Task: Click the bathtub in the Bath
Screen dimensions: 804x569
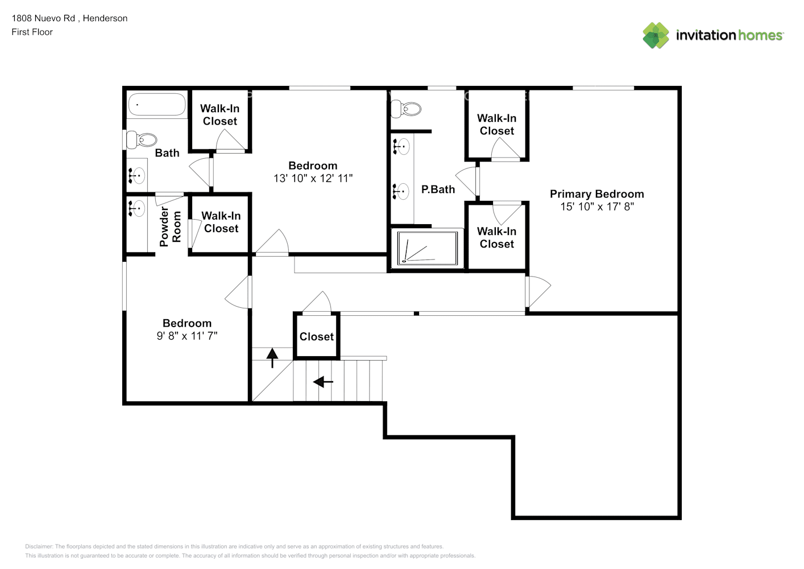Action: tap(157, 105)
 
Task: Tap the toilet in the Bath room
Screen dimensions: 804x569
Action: tap(142, 140)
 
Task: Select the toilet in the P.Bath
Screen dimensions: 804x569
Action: tap(406, 109)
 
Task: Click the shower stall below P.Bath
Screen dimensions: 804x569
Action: tap(427, 248)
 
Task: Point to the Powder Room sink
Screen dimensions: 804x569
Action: tap(137, 208)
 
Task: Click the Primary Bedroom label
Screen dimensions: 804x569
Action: tap(597, 194)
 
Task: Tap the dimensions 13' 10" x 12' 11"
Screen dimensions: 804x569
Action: tap(313, 178)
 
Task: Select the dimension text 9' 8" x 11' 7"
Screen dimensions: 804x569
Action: tap(187, 336)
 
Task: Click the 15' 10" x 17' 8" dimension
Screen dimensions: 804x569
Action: tap(597, 207)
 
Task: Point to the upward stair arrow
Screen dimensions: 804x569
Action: tap(272, 358)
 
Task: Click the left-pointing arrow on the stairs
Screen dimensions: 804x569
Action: tap(323, 381)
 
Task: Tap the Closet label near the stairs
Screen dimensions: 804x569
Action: tap(317, 337)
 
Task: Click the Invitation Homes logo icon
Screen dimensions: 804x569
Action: tap(656, 35)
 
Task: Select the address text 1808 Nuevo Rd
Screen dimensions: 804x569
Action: tap(43, 18)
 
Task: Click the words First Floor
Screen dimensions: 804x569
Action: tap(32, 32)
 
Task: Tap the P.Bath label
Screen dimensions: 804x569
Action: tap(438, 189)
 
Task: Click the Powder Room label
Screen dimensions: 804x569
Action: tap(170, 226)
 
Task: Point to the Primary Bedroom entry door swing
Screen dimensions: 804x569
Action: tap(538, 291)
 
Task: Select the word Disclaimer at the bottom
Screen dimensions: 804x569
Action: tap(39, 546)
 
